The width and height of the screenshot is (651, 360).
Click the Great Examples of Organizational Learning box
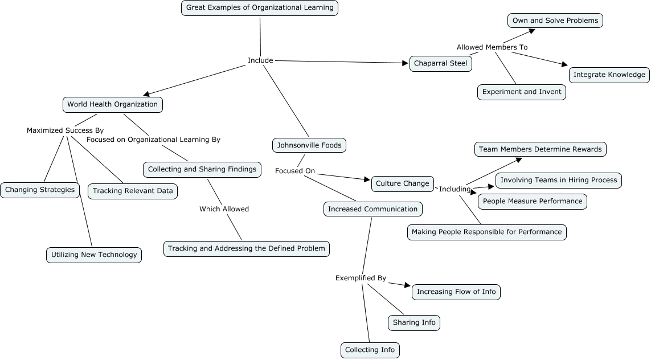pos(260,8)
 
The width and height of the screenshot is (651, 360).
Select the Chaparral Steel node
pos(441,63)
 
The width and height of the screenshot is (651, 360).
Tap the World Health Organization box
pos(113,105)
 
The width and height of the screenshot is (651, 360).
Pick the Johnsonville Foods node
pos(309,145)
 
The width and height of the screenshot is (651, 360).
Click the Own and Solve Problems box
pos(555,21)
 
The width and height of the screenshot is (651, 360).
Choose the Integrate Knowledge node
pos(609,75)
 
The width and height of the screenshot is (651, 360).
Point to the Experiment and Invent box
pos(522,92)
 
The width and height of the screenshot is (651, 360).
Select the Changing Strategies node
pos(40,190)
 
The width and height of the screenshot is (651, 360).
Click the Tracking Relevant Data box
pos(133,191)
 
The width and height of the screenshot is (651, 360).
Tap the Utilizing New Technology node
pos(94,255)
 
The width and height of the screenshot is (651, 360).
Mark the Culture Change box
pos(402,183)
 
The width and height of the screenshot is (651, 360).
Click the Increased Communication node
pos(373,209)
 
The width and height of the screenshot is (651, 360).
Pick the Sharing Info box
pos(414,322)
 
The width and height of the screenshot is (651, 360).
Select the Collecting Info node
pos(370,350)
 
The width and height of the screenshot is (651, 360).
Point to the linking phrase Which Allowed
pos(224,209)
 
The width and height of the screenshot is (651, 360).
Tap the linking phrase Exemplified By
pos(361,278)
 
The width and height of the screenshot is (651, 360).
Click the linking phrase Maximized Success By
pos(65,130)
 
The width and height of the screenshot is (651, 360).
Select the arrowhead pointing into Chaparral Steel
pos(406,63)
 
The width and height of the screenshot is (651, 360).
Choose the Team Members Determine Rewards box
pos(540,149)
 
